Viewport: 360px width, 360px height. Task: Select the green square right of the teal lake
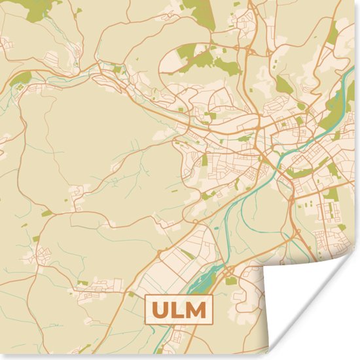pos(232,281)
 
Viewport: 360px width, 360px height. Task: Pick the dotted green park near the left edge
pos(22,79)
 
